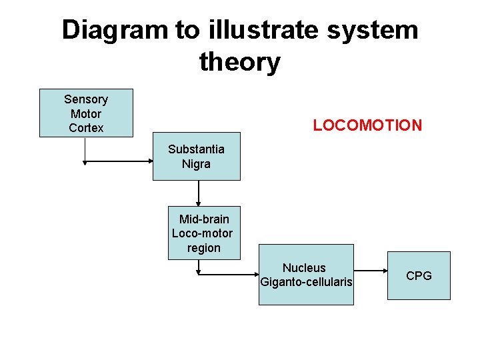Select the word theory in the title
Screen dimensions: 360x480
pos(239,62)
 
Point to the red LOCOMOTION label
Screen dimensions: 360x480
pos(367,125)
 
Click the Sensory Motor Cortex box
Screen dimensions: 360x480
pos(86,113)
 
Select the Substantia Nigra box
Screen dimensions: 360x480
pos(196,156)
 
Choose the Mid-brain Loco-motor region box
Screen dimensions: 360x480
pos(203,233)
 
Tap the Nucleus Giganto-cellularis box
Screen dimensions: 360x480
pos(306,275)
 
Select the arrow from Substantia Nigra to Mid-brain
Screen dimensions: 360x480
pos(198,193)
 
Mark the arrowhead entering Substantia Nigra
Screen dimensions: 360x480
pos(149,162)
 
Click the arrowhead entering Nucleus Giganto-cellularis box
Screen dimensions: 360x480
pos(255,273)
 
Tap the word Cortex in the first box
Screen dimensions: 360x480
pos(86,127)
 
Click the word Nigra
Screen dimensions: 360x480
pos(196,163)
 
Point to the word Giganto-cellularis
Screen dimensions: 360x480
pos(306,282)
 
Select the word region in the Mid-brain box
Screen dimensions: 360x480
pos(203,247)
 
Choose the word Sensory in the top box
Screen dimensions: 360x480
pos(86,99)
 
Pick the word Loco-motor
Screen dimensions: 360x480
pos(203,233)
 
